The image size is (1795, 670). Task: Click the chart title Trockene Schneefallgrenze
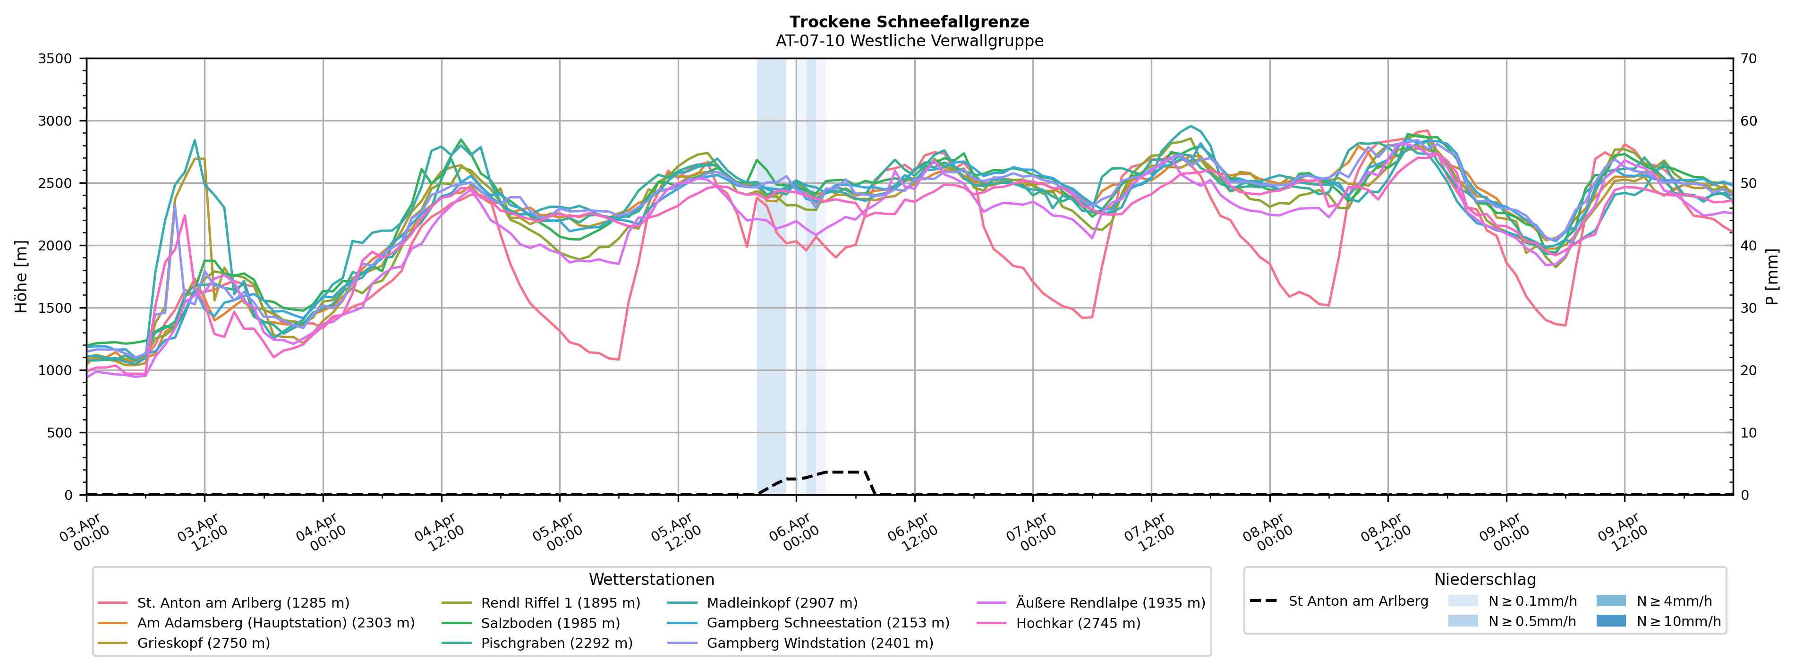(x=910, y=22)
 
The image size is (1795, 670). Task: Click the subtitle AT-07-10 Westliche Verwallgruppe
(x=910, y=41)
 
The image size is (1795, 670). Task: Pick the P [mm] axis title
(x=1772, y=277)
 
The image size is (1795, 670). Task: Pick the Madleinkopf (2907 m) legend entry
(x=782, y=603)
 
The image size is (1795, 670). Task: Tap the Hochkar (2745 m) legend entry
(x=1078, y=623)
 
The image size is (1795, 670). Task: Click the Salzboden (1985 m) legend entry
(x=550, y=623)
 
